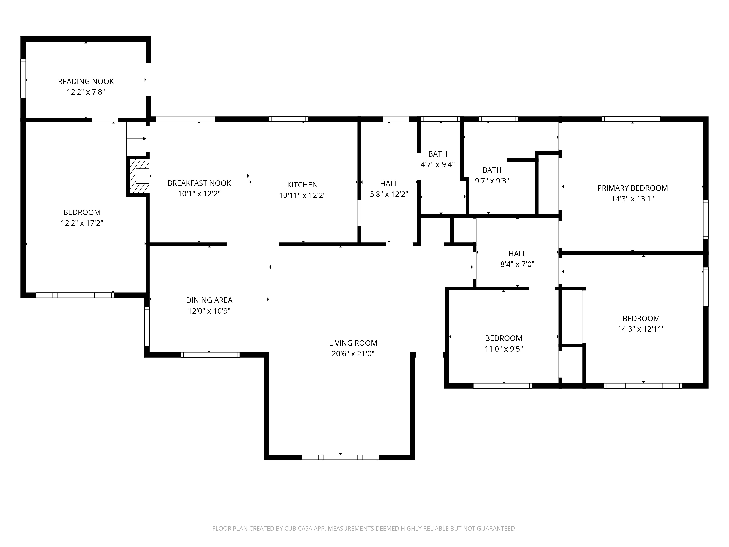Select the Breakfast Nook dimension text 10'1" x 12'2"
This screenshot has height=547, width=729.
(199, 193)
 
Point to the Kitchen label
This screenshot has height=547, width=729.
(302, 185)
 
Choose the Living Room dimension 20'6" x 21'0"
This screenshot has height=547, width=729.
(353, 354)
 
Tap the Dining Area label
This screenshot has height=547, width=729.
(209, 300)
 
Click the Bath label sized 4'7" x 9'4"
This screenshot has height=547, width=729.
(438, 154)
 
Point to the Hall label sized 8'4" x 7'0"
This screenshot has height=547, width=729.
(517, 254)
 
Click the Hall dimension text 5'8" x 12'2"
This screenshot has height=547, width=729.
(389, 194)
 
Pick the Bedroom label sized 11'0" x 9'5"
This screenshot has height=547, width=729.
(504, 338)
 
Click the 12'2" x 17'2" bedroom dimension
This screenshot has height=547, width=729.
(82, 223)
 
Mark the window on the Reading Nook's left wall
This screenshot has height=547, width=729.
(23, 78)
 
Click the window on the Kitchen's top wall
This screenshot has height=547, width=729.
(288, 119)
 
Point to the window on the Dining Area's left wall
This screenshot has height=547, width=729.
(147, 327)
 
